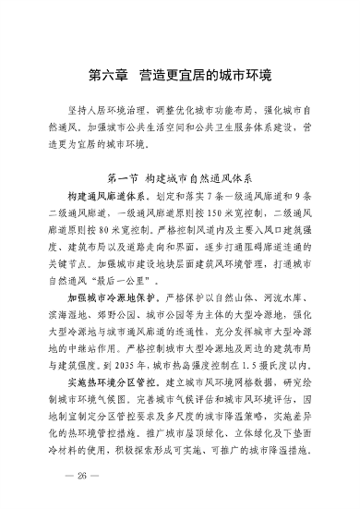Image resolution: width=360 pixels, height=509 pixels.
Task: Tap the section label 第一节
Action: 127,175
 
